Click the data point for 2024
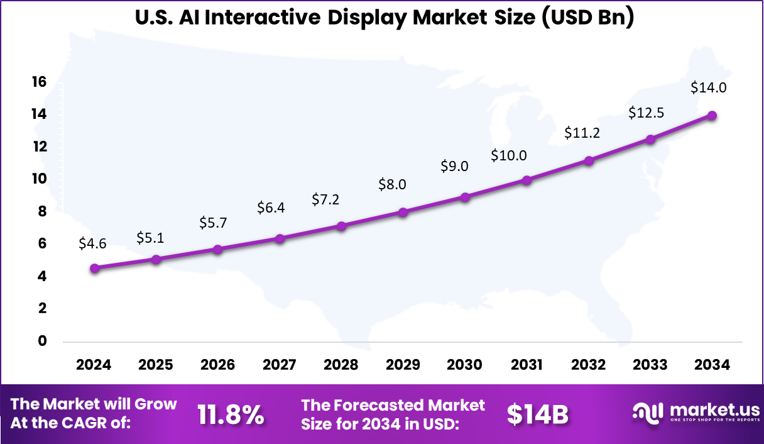(94, 268)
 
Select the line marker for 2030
(465, 197)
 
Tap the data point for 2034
(712, 115)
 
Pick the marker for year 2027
(280, 238)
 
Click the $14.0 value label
(708, 88)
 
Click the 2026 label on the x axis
(217, 365)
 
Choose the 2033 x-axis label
(650, 365)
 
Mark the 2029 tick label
(403, 365)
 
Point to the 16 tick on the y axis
(39, 82)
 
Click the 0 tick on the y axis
(43, 341)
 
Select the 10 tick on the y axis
(39, 179)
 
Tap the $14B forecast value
(537, 414)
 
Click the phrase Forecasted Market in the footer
(408, 404)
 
